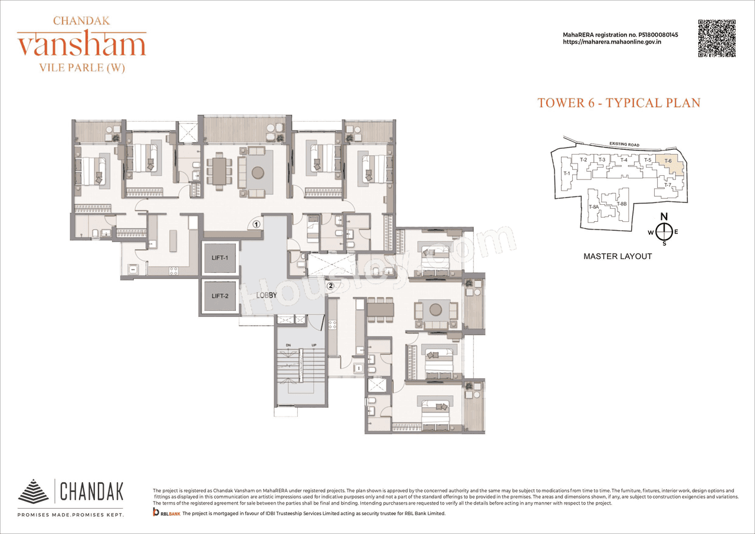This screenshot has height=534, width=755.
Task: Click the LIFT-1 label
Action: click(219, 258)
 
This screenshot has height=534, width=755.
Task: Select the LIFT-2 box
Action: click(219, 296)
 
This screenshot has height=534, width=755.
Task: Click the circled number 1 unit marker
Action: click(257, 224)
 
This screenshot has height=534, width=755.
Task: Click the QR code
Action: click(717, 38)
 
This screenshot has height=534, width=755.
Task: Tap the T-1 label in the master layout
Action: click(567, 173)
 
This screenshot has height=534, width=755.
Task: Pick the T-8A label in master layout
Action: click(593, 207)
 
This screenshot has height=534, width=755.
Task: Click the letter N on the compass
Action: click(664, 216)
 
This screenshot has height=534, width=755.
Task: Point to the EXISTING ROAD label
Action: click(625, 144)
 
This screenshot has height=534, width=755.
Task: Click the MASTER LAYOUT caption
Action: click(618, 257)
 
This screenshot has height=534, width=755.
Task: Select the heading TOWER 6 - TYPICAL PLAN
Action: click(619, 103)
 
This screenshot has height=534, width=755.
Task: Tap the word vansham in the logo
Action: click(82, 45)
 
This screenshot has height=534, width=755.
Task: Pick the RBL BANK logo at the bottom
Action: click(166, 514)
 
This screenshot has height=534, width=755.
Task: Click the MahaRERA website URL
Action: click(612, 42)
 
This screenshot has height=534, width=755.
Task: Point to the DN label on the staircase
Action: click(288, 345)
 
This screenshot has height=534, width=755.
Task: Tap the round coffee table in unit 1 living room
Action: click(258, 173)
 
